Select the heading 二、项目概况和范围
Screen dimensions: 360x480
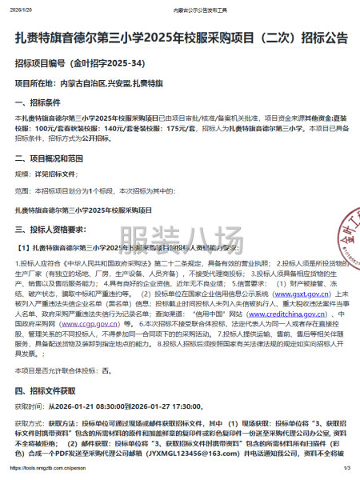[50, 159]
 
